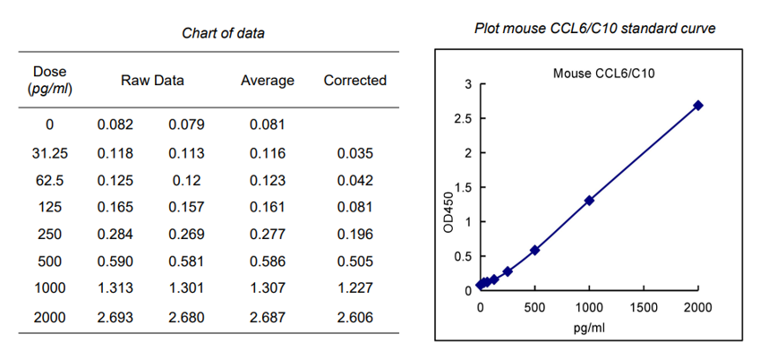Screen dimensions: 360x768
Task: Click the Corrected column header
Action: (x=354, y=81)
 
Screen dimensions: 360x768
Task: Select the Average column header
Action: (x=267, y=81)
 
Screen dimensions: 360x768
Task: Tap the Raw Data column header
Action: (x=152, y=81)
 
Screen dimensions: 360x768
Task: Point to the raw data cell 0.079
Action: (x=186, y=124)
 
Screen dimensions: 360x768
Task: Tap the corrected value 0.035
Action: (x=355, y=153)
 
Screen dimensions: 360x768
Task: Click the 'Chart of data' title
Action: (x=223, y=33)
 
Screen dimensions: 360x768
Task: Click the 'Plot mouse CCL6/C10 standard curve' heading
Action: (x=594, y=29)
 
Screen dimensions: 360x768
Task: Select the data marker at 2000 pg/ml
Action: (x=698, y=106)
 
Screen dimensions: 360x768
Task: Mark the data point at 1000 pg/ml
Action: (x=589, y=201)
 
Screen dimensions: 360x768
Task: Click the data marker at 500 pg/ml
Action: (x=534, y=250)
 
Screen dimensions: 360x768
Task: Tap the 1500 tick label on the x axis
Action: (x=643, y=307)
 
